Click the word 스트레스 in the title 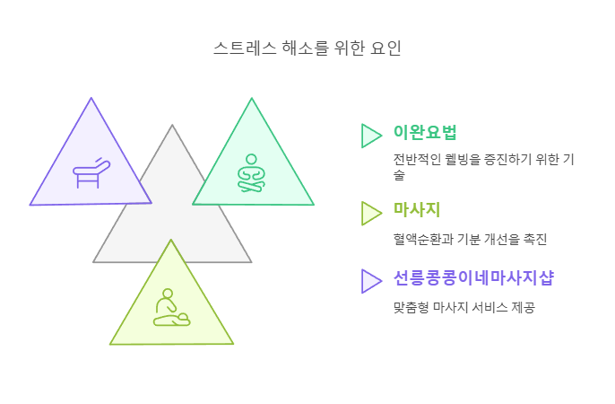pyautogui.click(x=237, y=47)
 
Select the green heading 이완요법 pyautogui.click(x=425, y=133)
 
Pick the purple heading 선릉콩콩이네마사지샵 pyautogui.click(x=473, y=278)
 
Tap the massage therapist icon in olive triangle pyautogui.click(x=170, y=308)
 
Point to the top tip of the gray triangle pyautogui.click(x=172, y=126)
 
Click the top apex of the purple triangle pyautogui.click(x=91, y=98)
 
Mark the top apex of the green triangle pyautogui.click(x=252, y=98)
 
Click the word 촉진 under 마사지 pyautogui.click(x=535, y=239)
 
